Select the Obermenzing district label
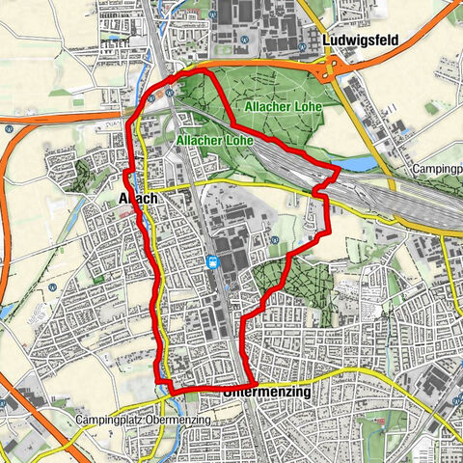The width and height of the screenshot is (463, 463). pos(265,394)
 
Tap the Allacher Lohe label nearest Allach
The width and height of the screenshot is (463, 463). pos(213,140)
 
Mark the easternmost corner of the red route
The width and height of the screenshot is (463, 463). pos(337,172)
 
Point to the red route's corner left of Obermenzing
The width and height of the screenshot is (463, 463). pos(171,389)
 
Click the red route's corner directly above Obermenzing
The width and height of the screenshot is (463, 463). pos(254,384)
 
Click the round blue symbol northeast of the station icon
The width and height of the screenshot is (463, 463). pos(274,241)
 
